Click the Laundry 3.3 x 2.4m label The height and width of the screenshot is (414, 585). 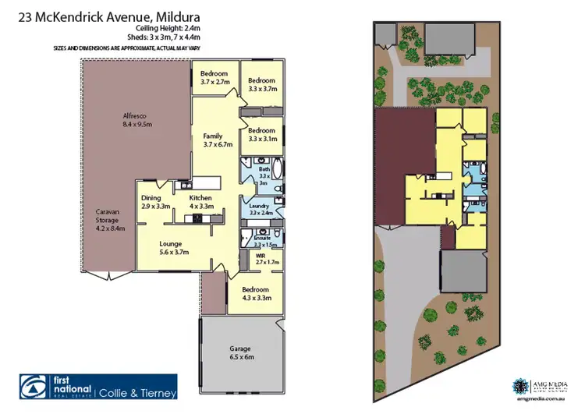tap(261, 207)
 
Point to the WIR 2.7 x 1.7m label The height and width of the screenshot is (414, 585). tap(267, 259)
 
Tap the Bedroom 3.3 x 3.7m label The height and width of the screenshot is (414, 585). tap(261, 85)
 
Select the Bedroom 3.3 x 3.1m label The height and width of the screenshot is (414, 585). tap(261, 134)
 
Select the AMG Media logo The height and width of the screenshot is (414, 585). tap(521, 386)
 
